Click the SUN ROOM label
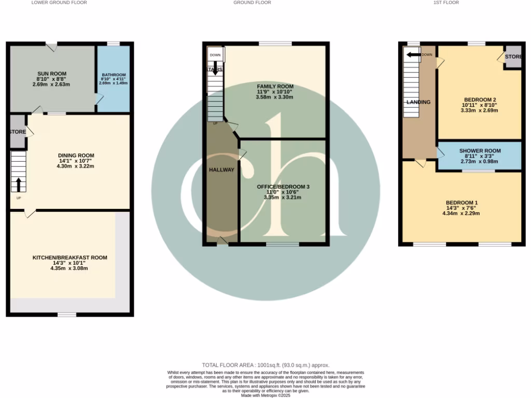tap(51, 74)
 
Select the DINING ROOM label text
tap(76, 155)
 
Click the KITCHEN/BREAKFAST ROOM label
tap(69, 258)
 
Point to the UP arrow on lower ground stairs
tap(19, 184)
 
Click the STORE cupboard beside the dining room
tap(18, 132)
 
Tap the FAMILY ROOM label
tap(275, 87)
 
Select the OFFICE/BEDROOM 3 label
tap(283, 186)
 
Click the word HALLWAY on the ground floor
tap(221, 170)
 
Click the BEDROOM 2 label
tap(479, 99)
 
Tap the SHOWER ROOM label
tap(480, 151)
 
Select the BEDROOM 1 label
tap(462, 202)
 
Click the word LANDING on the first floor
tap(418, 102)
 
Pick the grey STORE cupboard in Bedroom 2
tap(513, 58)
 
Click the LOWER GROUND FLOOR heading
tap(59, 3)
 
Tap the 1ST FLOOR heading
tap(446, 3)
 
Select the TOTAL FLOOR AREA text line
tap(265, 365)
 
